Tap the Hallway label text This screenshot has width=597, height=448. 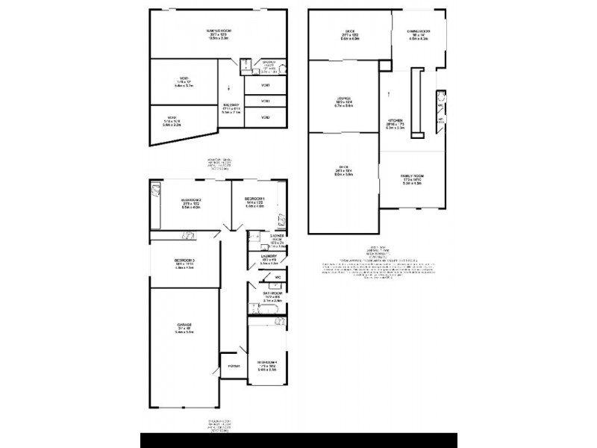230,105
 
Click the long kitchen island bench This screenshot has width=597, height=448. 419,101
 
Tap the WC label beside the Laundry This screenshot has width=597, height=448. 278,279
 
